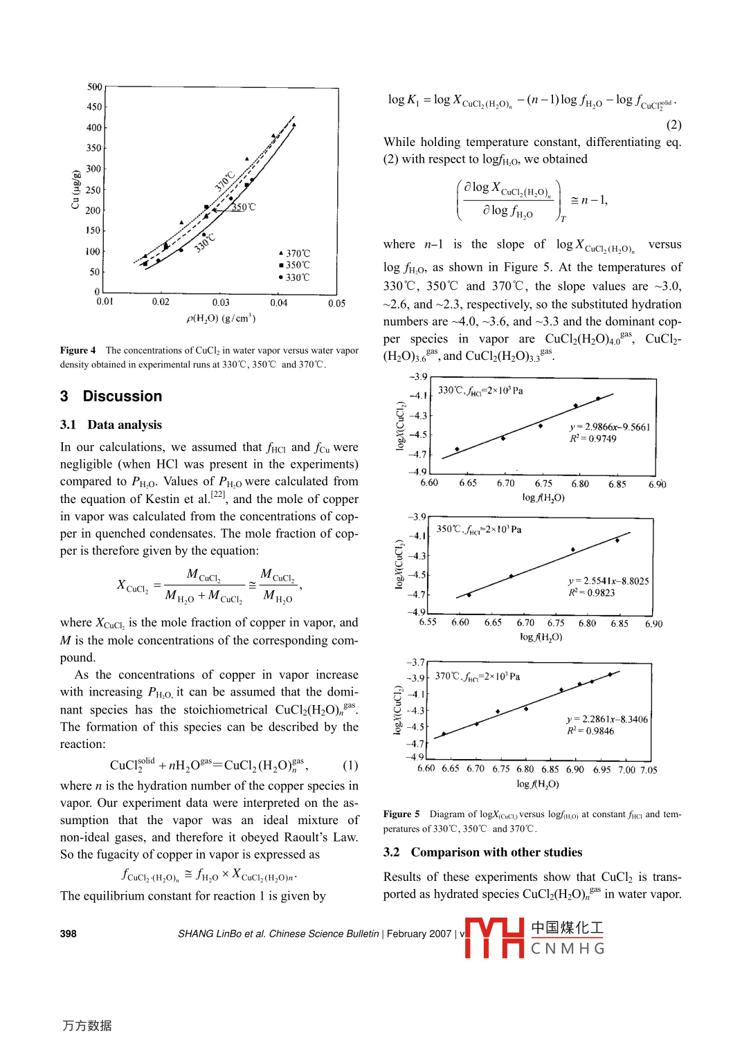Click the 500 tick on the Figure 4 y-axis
(95, 87)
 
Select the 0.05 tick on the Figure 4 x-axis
(336, 303)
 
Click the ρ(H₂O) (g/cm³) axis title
(221, 318)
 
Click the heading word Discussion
(123, 396)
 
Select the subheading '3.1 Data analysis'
(111, 425)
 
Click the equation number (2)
(673, 125)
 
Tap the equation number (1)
(350, 765)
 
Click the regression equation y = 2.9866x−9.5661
(609, 427)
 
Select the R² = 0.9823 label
(592, 593)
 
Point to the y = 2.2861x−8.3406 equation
(607, 720)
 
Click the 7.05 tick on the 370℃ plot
(649, 769)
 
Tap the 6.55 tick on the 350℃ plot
(428, 623)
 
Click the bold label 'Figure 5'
(401, 814)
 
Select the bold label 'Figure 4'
(78, 351)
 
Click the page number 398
(69, 933)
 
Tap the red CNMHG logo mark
(494, 938)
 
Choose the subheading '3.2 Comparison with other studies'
(483, 852)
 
